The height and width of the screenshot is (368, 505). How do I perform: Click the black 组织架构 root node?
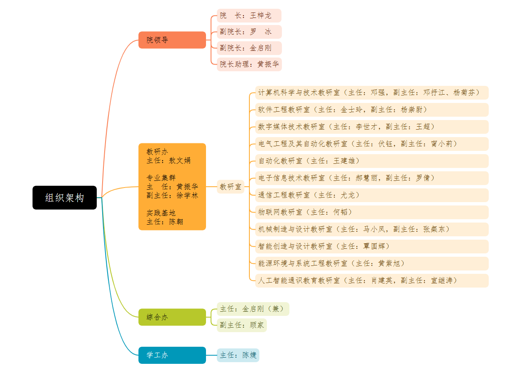[x=65, y=198]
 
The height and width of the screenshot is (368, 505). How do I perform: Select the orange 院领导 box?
[x=172, y=40]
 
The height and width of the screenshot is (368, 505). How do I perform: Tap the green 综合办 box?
[x=172, y=317]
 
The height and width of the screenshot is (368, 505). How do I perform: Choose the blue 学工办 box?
[x=172, y=355]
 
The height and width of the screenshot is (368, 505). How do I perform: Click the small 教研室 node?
[x=231, y=187]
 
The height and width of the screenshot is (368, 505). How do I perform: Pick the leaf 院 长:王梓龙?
[x=249, y=16]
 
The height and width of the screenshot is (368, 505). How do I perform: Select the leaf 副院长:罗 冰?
[x=249, y=32]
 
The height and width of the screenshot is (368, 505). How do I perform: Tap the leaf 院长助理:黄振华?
[x=249, y=64]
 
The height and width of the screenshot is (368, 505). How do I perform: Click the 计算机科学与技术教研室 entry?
[x=371, y=93]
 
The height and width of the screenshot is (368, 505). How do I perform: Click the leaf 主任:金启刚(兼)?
[x=253, y=309]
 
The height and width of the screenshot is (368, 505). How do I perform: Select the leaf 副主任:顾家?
[x=241, y=325]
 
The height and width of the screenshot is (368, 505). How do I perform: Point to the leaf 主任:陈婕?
[x=238, y=355]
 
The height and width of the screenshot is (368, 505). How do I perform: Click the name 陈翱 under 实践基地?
[x=176, y=222]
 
